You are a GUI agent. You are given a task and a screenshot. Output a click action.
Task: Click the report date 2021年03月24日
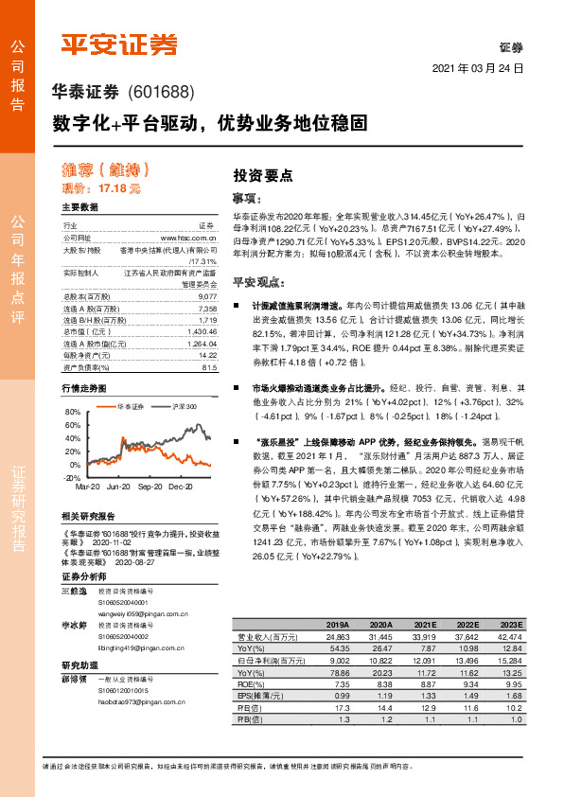click(477, 69)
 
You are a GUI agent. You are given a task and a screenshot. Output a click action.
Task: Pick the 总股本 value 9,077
click(208, 297)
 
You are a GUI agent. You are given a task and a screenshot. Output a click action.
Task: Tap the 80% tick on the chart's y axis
click(72, 413)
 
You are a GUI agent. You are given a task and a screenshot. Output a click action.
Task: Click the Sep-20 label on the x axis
click(150, 487)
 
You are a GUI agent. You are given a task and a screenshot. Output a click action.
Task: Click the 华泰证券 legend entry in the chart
click(131, 406)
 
